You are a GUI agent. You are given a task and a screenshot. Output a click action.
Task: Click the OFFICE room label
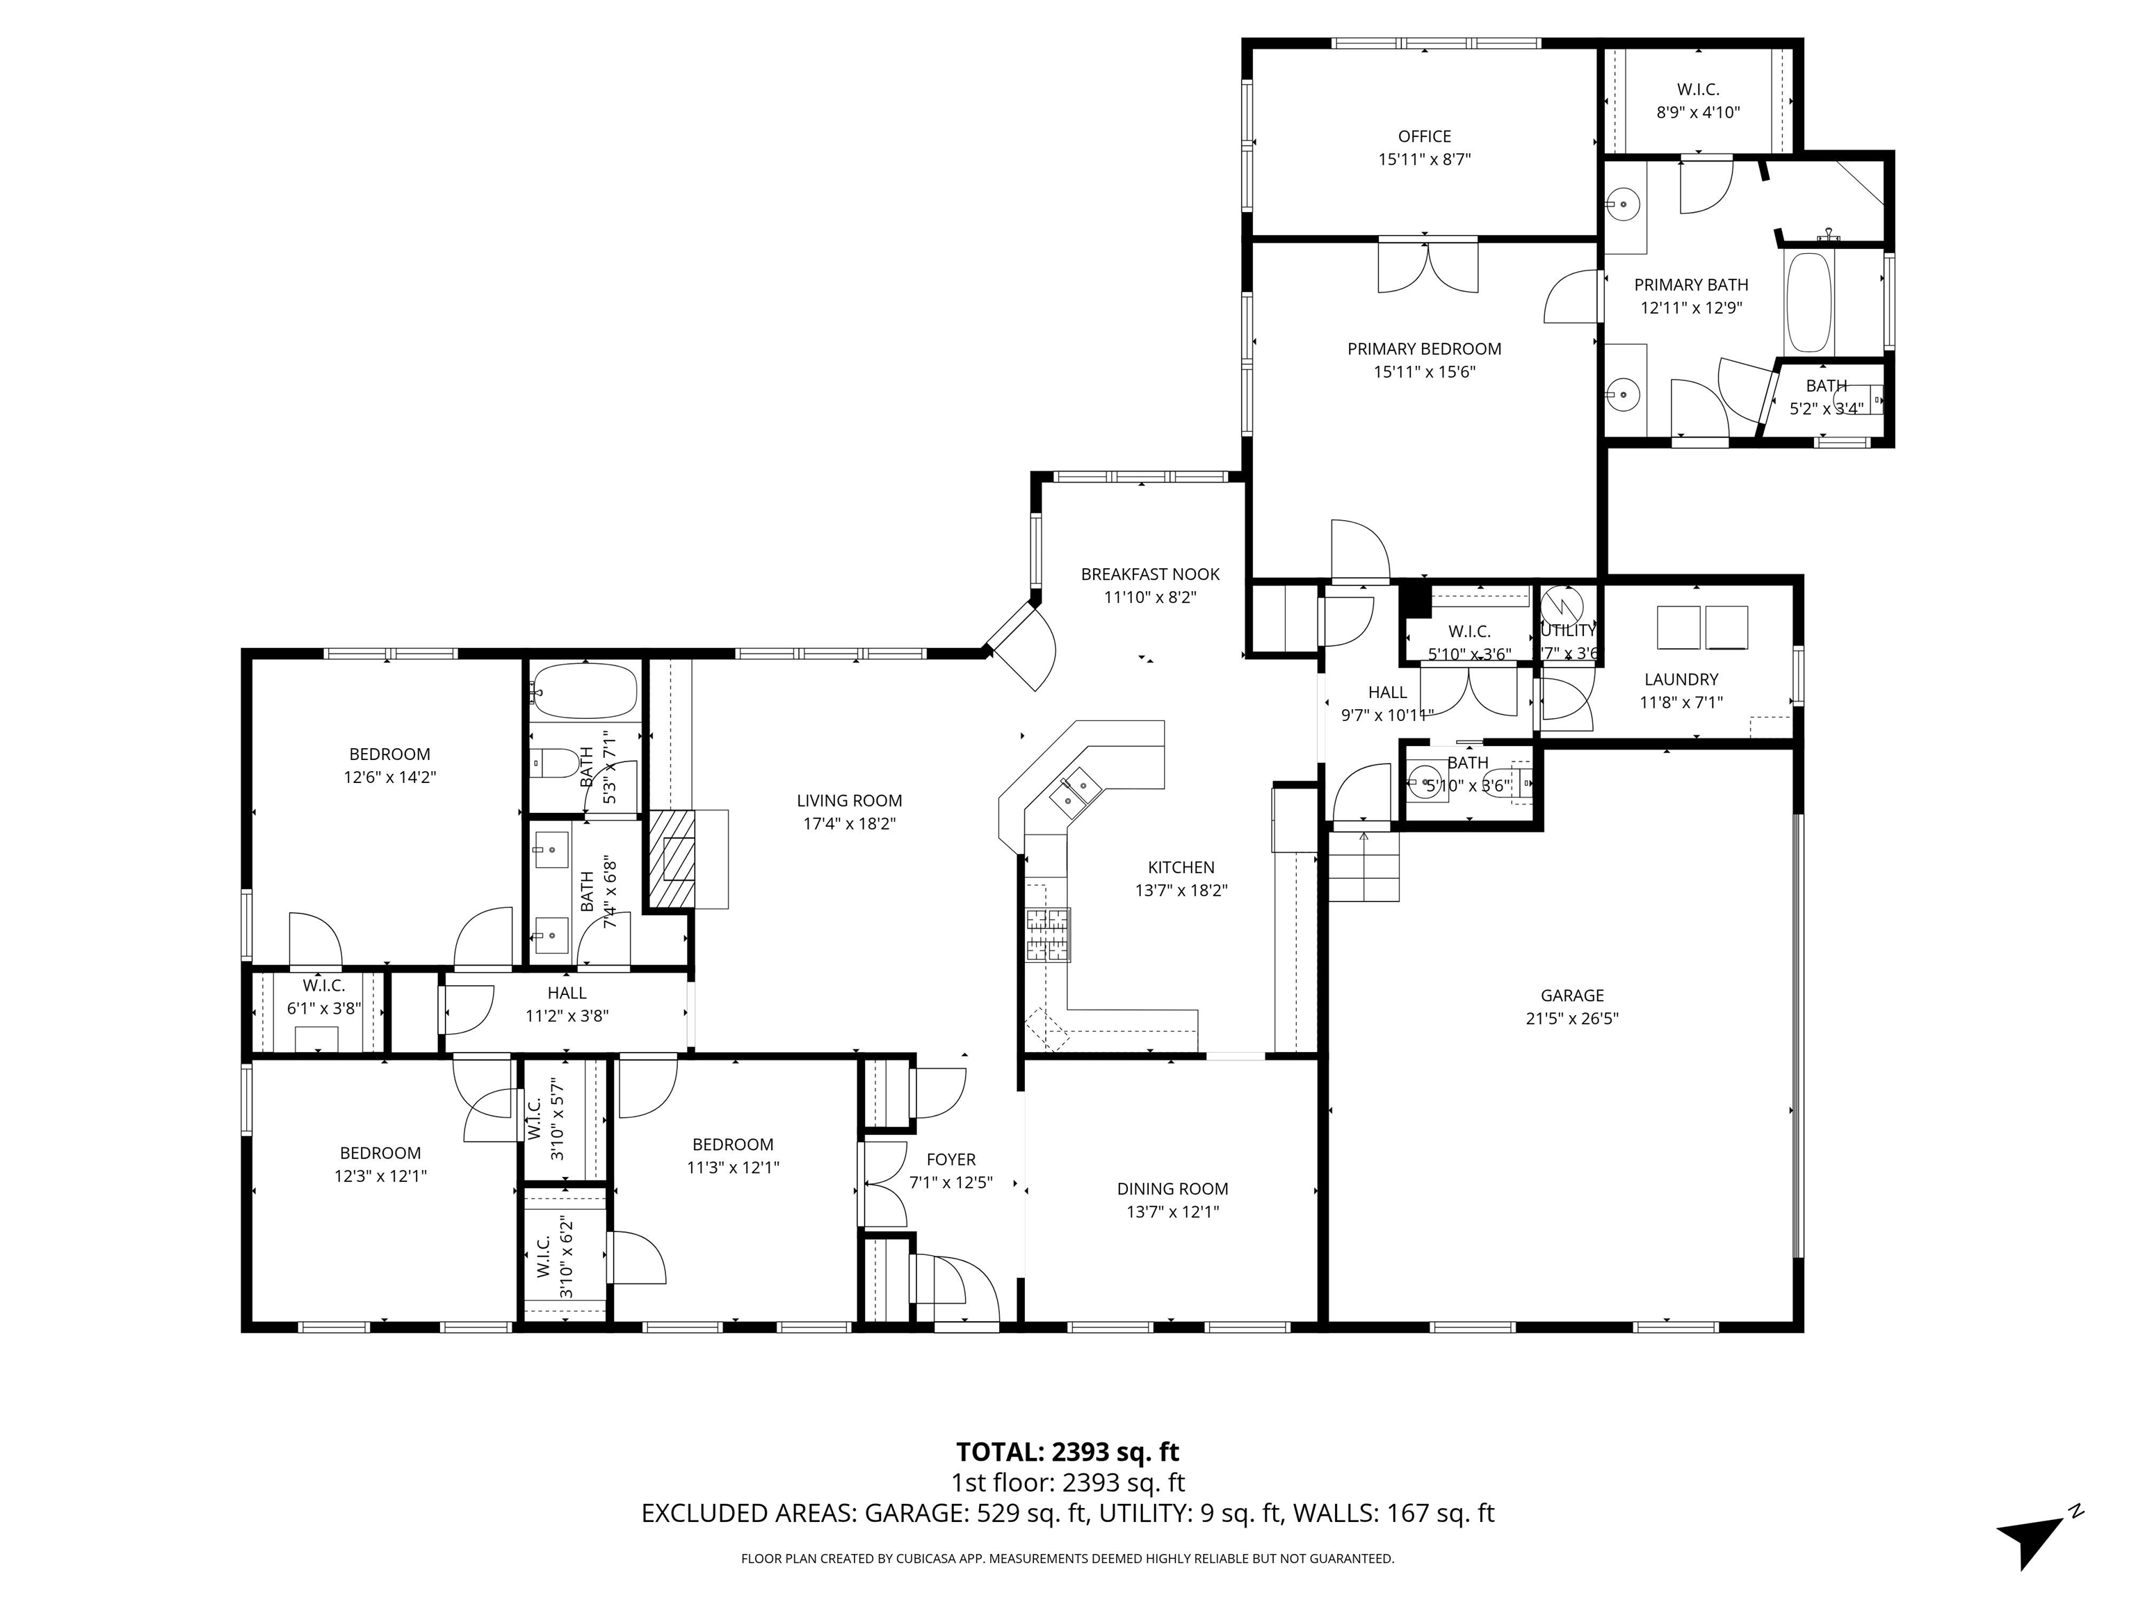point(1424,137)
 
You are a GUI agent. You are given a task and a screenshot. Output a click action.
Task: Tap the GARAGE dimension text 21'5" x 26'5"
point(1572,1018)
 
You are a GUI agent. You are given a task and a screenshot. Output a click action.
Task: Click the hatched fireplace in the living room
point(671,857)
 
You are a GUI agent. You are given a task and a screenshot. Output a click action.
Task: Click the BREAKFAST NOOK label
point(1150,574)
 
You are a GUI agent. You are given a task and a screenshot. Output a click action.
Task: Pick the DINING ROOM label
point(1172,1189)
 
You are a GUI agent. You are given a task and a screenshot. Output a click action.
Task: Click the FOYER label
point(951,1160)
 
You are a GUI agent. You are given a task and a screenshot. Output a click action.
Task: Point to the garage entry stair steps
point(1364,866)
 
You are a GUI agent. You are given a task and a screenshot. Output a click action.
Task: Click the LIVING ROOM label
point(849,800)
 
